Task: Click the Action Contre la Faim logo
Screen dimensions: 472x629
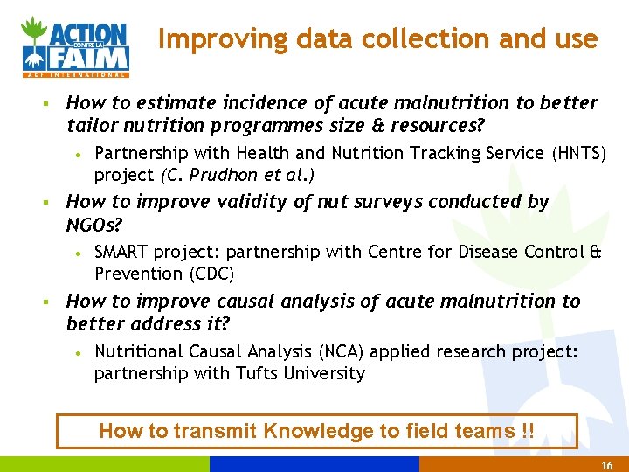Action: [x=75, y=46]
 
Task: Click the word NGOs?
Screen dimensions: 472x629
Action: [x=94, y=225]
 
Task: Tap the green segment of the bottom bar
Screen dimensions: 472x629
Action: [x=105, y=464]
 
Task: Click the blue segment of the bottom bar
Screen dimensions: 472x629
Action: [x=314, y=464]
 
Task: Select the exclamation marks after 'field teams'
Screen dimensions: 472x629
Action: [x=527, y=431]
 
